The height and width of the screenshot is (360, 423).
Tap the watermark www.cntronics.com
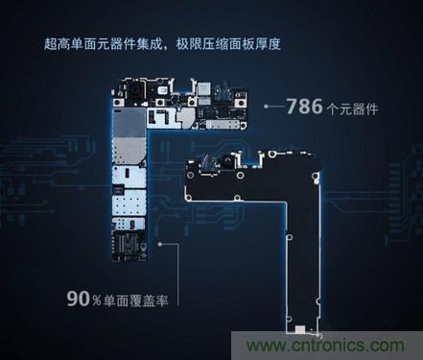[x=344, y=345]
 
